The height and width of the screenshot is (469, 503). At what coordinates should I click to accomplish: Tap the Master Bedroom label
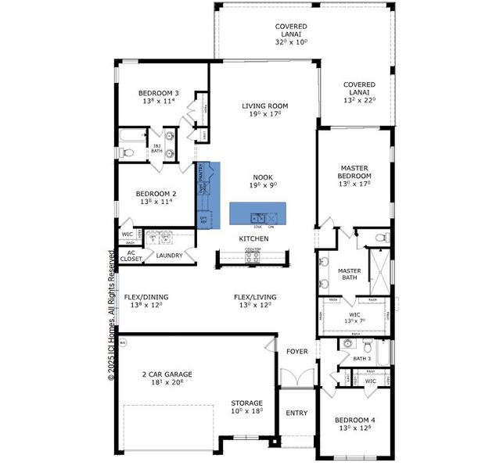(x=354, y=172)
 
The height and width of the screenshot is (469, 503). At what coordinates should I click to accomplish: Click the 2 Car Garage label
(x=167, y=374)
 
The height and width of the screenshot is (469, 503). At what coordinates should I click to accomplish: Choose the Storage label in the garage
(x=246, y=403)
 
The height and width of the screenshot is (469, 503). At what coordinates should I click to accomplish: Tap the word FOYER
(x=296, y=352)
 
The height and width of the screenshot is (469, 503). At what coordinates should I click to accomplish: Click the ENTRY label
(x=296, y=414)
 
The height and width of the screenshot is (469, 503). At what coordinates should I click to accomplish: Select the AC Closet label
(x=131, y=256)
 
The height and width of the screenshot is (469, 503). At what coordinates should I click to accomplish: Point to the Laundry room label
(x=169, y=256)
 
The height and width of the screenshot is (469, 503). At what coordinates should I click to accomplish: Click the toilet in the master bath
(x=379, y=236)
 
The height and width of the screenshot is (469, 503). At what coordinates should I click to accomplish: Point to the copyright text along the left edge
(x=111, y=321)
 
